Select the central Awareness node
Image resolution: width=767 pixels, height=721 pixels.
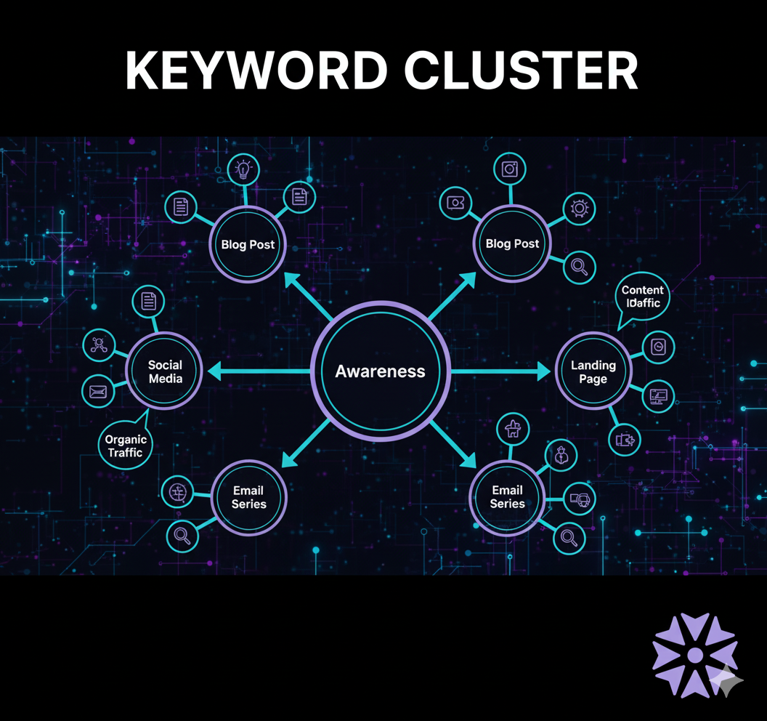click(380, 371)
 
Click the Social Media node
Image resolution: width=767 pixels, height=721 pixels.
click(165, 371)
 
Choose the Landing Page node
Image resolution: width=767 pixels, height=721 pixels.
click(593, 371)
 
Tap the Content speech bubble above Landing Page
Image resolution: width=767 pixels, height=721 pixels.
click(642, 296)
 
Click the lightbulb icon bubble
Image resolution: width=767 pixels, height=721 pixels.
click(243, 170)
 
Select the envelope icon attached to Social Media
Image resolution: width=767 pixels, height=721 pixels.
click(98, 392)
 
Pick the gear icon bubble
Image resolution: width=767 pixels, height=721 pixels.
click(579, 209)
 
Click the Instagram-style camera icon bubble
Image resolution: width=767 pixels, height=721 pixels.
click(510, 169)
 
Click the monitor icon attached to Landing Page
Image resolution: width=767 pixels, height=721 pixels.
click(660, 397)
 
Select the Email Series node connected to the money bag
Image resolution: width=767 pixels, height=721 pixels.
click(507, 497)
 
